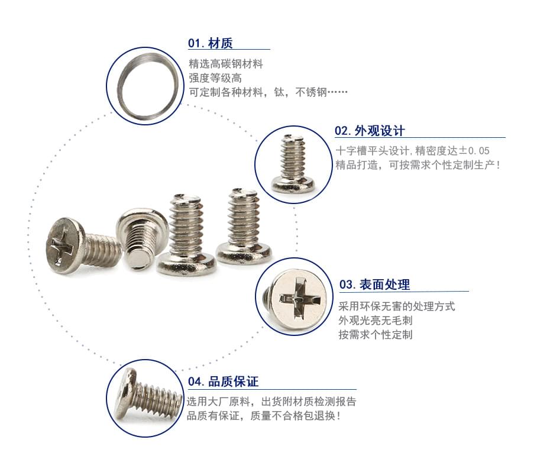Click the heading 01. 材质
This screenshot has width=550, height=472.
210,43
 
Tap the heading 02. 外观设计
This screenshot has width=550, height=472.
370,131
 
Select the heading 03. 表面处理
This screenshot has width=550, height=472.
374,285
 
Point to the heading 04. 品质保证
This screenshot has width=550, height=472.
223,382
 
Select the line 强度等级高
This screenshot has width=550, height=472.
215,78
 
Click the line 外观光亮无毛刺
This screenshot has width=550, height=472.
376,321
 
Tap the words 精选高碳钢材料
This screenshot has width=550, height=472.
225,64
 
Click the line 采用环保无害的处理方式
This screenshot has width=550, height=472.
396,306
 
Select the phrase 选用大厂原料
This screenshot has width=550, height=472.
218,402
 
